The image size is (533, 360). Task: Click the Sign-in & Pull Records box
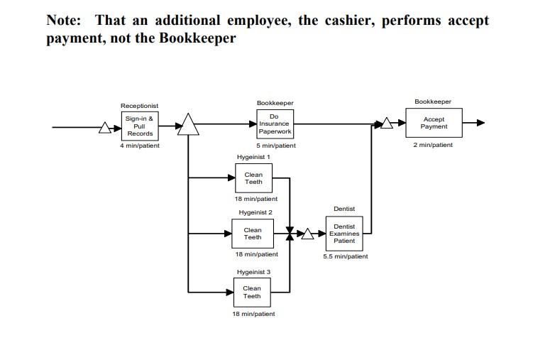(x=140, y=126)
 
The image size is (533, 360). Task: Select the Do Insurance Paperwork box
(x=275, y=124)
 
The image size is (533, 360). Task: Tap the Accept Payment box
(x=434, y=123)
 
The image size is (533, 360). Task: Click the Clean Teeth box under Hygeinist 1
(x=253, y=178)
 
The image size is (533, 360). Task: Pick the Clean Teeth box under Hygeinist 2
(x=253, y=234)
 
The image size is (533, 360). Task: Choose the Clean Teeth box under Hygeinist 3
(x=252, y=292)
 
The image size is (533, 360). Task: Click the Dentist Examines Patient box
(x=344, y=234)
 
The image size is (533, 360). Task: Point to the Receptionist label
(x=139, y=106)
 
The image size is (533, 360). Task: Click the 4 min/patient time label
(x=140, y=146)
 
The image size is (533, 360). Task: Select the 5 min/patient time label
(x=276, y=146)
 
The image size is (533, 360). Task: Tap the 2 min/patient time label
(x=433, y=145)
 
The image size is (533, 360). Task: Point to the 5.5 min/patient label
(x=346, y=256)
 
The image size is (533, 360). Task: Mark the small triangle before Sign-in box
(x=106, y=128)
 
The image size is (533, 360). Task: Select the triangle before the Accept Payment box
(x=386, y=124)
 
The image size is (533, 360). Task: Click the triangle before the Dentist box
(x=308, y=234)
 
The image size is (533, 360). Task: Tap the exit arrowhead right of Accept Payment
(x=480, y=123)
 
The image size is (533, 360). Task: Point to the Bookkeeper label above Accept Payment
(x=433, y=102)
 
